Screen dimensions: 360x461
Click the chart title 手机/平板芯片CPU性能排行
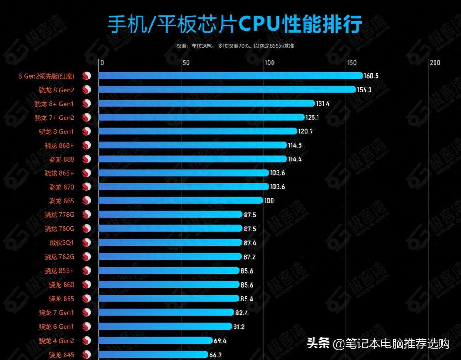click(234, 25)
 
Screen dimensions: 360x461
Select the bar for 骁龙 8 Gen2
click(227, 90)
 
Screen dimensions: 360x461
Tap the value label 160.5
click(371, 76)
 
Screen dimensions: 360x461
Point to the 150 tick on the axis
click(351, 63)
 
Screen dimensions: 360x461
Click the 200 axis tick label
click(435, 63)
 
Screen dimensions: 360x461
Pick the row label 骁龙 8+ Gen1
click(54, 104)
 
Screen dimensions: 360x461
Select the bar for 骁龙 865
click(181, 201)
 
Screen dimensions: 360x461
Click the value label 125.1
click(312, 118)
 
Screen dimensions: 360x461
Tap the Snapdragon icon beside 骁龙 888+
click(86, 145)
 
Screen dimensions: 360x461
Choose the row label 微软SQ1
click(62, 242)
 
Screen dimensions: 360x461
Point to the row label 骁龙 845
click(62, 355)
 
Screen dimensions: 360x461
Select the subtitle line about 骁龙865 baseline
click(234, 46)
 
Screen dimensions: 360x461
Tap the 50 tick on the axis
click(186, 63)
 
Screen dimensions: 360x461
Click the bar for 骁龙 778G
click(170, 215)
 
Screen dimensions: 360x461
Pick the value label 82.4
click(242, 313)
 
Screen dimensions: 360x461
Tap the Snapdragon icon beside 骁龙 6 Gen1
click(86, 327)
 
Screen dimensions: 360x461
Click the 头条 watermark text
click(318, 344)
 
